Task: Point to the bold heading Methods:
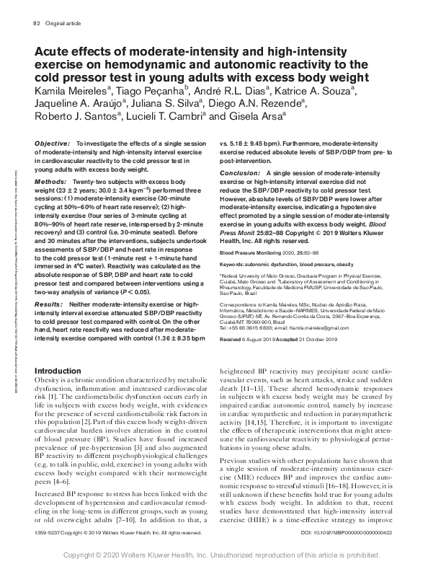point(51,182)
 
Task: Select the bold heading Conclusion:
point(242,174)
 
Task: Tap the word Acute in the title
point(55,51)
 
